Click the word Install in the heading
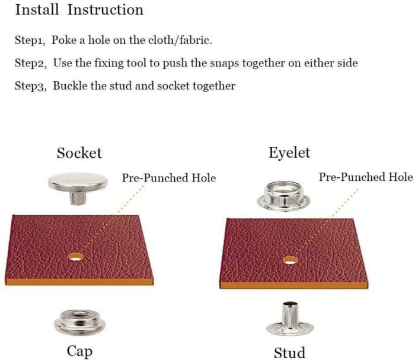[x=37, y=9]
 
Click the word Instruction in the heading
[x=106, y=9]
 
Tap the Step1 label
[x=30, y=40]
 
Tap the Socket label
[x=79, y=153]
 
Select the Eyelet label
[x=289, y=153]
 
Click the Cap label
[x=79, y=352]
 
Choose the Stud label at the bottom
[x=289, y=353]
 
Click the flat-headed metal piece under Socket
[x=78, y=187]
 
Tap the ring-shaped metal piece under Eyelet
[x=283, y=195]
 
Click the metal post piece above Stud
[x=290, y=318]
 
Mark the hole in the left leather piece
[x=76, y=256]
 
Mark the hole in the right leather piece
[x=290, y=260]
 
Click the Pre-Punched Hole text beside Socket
[x=169, y=177]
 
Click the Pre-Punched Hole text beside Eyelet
[x=366, y=177]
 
